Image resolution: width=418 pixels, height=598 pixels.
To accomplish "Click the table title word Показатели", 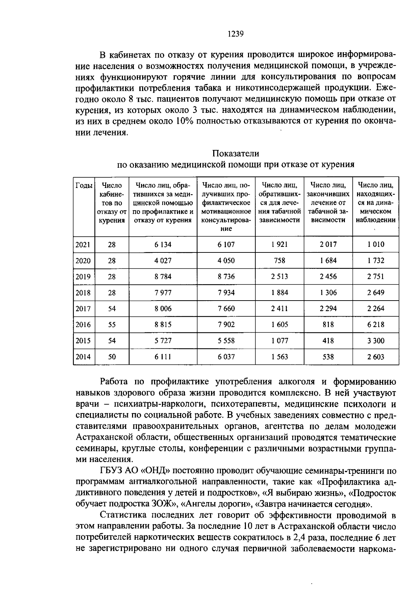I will click(236, 153).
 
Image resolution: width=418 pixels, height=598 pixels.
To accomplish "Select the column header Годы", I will click(84, 185).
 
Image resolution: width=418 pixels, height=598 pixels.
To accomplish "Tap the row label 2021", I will click(83, 244).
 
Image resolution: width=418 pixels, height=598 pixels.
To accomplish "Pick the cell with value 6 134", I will click(163, 244).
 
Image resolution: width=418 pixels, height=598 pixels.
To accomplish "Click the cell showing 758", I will click(280, 260).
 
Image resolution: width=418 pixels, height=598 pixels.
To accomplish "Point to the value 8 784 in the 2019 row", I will click(163, 277).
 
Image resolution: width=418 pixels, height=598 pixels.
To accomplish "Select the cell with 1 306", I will click(328, 293).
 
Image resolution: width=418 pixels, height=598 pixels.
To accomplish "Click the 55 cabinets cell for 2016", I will click(112, 325).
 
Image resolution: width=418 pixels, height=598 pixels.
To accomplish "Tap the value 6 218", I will click(376, 325).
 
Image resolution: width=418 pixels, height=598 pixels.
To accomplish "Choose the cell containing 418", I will click(328, 341).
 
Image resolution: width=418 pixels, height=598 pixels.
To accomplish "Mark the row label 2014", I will click(83, 357).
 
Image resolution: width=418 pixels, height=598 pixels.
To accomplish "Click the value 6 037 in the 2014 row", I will click(226, 357).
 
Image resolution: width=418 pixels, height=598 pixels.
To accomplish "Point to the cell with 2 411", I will click(280, 309).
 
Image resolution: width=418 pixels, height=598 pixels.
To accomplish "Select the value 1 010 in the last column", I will click(376, 244).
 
